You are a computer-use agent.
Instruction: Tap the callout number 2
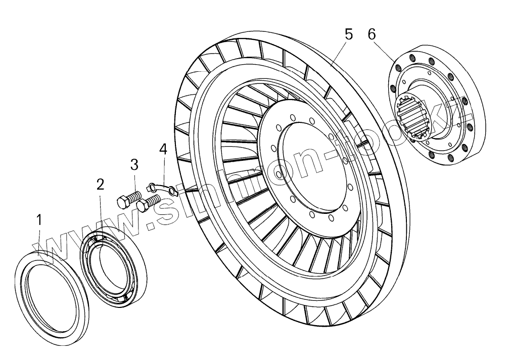tap(101, 185)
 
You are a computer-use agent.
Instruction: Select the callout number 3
tap(134, 165)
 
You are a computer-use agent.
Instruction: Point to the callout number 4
tap(163, 149)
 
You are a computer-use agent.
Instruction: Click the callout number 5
tap(348, 34)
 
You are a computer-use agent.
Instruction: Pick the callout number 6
tap(372, 34)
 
